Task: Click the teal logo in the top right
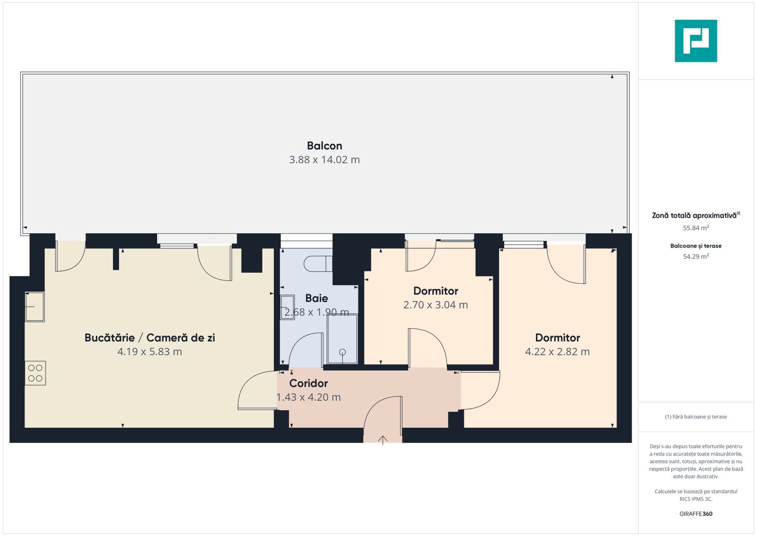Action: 696,41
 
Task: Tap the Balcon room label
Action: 324,146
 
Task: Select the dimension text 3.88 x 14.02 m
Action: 324,160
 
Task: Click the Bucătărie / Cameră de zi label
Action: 150,338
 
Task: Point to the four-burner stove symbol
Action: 35,373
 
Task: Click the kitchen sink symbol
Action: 35,307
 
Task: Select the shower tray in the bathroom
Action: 342,339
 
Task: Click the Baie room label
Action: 316,298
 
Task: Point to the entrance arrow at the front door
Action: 383,440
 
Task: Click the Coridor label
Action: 308,383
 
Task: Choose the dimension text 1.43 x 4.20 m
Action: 308,397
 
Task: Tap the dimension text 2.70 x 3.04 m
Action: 435,305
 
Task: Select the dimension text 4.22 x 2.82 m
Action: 557,352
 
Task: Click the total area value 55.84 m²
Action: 696,228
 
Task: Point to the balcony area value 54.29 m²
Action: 696,257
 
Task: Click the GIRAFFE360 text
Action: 696,514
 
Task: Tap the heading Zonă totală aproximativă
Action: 695,215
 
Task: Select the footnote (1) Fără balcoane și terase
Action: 696,417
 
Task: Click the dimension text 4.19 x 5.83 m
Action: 150,352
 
